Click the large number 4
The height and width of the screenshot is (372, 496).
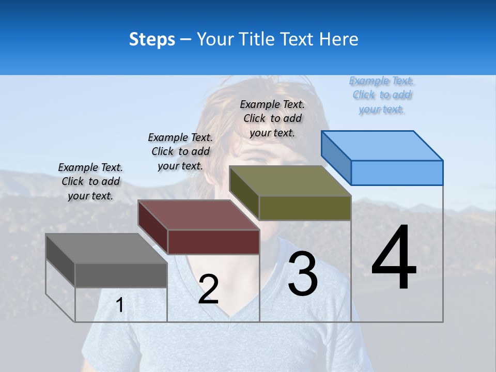pyautogui.click(x=394, y=258)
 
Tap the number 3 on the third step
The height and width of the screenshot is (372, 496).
pyautogui.click(x=303, y=274)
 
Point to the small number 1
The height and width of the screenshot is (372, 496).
pyautogui.click(x=120, y=305)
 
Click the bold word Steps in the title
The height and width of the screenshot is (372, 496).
pyautogui.click(x=152, y=39)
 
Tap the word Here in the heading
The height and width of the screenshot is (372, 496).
pyautogui.click(x=339, y=39)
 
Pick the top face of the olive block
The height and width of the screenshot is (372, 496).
pyautogui.click(x=290, y=181)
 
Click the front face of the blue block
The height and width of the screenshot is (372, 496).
pyautogui.click(x=397, y=173)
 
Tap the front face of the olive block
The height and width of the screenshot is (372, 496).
pyautogui.click(x=305, y=208)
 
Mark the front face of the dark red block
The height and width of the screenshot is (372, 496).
pyautogui.click(x=213, y=242)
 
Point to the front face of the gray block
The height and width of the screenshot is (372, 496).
pyautogui.click(x=121, y=275)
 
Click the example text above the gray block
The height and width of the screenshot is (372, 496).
pyautogui.click(x=90, y=181)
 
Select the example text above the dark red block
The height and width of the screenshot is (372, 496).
pyautogui.click(x=180, y=151)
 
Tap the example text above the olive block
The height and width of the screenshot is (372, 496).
pyautogui.click(x=272, y=118)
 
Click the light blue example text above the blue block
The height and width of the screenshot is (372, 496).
pyautogui.click(x=382, y=95)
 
